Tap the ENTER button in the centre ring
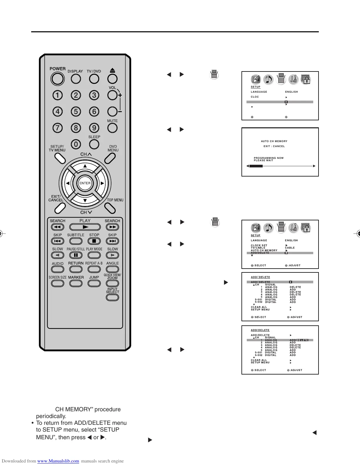tap(85, 183)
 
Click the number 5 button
tap(76, 111)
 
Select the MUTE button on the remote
tap(112, 128)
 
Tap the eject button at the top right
tap(112, 79)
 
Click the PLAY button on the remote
tap(85, 227)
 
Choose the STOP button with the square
tap(94, 241)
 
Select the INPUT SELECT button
tap(112, 297)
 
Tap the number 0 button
tap(76, 144)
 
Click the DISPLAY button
tap(76, 79)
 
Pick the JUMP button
tap(94, 283)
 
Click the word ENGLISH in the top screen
tap(291, 92)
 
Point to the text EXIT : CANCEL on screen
tap(274, 146)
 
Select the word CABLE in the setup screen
tap(290, 248)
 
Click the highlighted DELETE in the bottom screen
tap(302, 340)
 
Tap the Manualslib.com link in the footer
tap(58, 461)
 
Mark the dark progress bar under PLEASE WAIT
tap(256, 166)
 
